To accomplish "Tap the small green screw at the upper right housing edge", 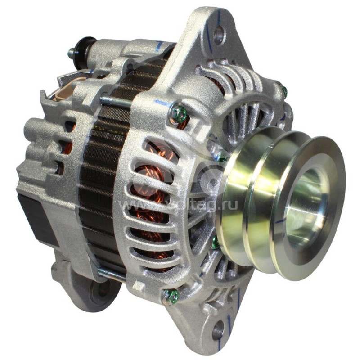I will (284, 92).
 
